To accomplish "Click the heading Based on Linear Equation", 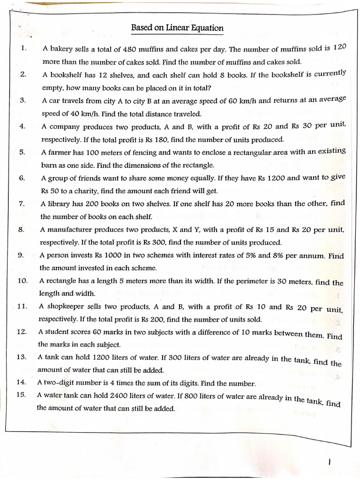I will coord(177,28).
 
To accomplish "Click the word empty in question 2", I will coord(51,88).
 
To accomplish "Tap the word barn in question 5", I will coord(49,165).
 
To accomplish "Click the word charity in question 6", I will coord(82,191).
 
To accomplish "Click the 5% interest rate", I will coord(249,255).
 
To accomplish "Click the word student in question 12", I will coord(58,332).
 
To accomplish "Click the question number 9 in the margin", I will coord(21,255).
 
